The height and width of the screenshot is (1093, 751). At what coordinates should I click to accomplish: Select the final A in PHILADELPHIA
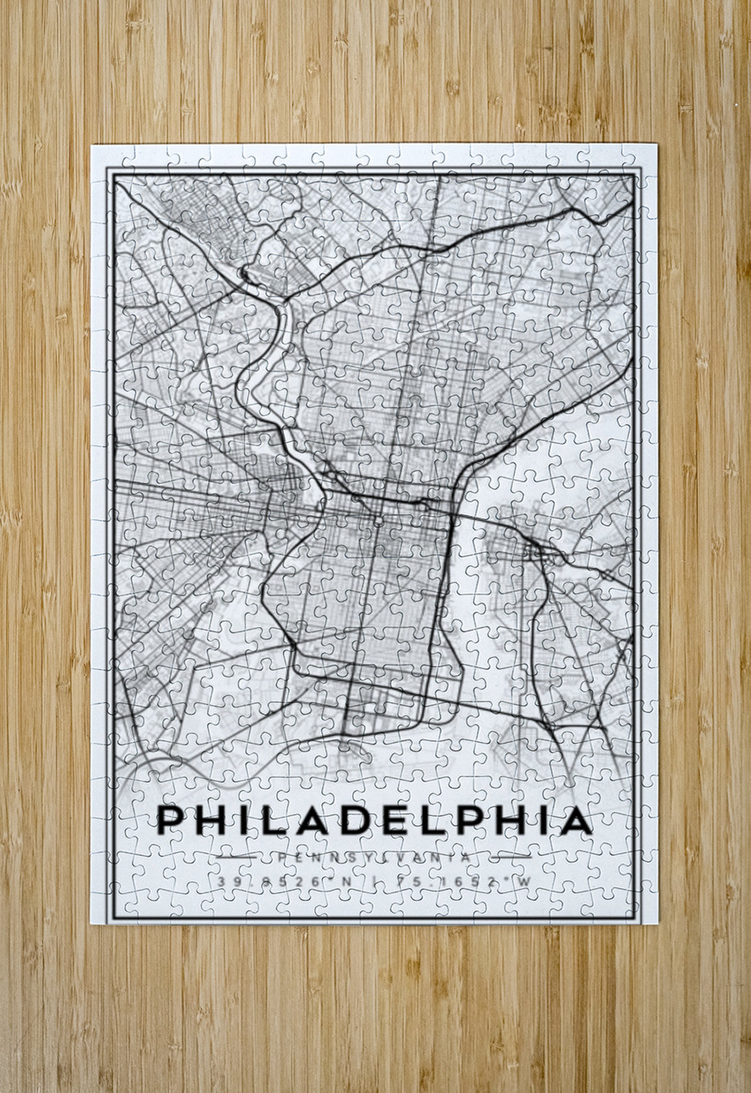pos(576,820)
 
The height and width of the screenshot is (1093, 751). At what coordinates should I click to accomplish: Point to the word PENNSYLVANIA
pos(374,858)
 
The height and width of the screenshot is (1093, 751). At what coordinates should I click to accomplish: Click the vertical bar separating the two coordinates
pos(373,881)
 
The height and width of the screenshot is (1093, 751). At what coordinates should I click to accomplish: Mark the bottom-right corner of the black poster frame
pos(641,919)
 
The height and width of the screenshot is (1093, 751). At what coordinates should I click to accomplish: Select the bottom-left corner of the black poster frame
pos(108,919)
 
